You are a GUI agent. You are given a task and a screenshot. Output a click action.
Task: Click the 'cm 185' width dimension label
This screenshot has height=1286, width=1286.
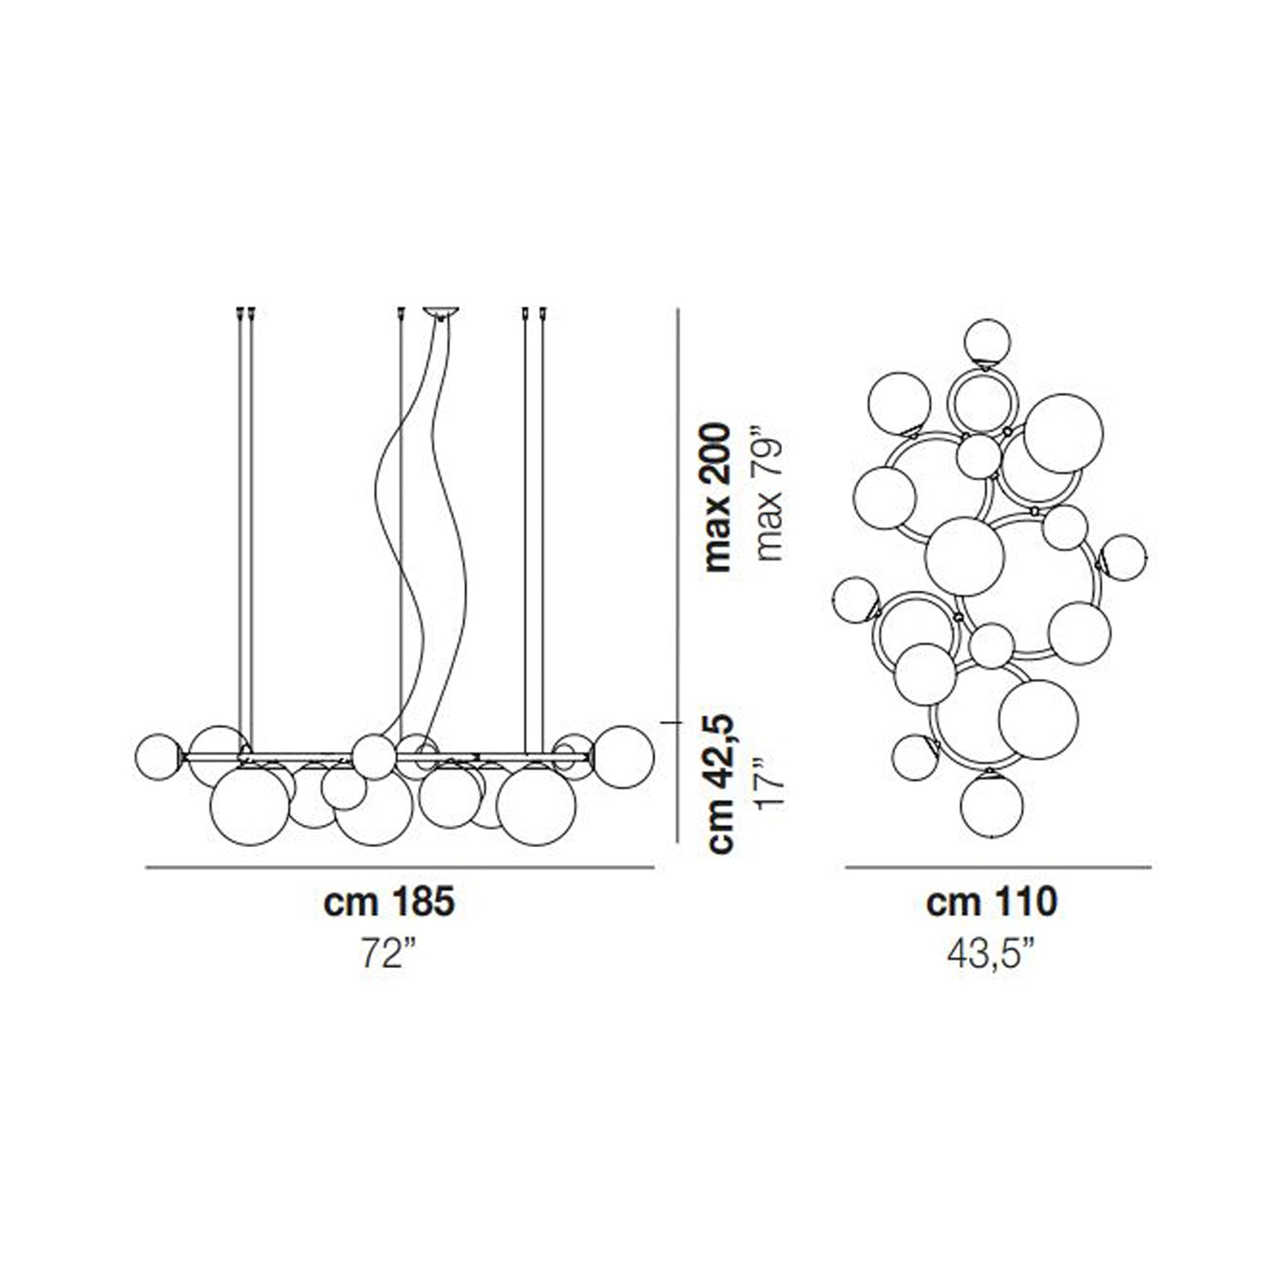click(389, 903)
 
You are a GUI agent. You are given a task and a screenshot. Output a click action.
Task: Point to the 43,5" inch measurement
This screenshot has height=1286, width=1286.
click(996, 954)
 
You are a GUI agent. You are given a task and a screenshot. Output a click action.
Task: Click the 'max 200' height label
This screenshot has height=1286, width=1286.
click(718, 496)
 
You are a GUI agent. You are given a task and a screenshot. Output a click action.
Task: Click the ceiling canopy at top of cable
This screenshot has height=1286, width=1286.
click(442, 313)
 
